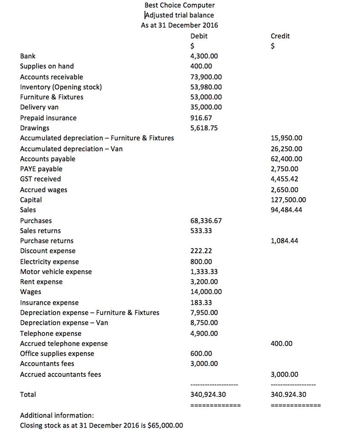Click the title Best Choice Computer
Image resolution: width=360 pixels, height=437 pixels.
pos(180,5)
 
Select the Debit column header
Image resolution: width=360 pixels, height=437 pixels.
pos(199,36)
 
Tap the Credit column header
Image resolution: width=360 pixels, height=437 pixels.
pos(280,36)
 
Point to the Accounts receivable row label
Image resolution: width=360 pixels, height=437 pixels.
pos(52,77)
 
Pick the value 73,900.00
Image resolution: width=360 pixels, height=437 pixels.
pos(206,77)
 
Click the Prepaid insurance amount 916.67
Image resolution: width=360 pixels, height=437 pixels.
pos(201,118)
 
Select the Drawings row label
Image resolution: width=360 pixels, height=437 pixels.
pos(35,128)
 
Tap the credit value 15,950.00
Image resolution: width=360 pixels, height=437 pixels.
pos(286,138)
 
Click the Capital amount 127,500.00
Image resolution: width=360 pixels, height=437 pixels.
pos(288,200)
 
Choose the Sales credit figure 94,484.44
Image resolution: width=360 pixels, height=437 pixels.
pos(286,210)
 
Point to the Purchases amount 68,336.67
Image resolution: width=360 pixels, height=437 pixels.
pos(206,221)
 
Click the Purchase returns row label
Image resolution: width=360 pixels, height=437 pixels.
pos(46,241)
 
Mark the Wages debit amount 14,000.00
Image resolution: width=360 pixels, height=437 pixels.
pos(206,292)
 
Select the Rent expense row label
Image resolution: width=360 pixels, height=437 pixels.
pos(41,282)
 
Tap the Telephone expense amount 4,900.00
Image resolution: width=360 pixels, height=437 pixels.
pos(203,333)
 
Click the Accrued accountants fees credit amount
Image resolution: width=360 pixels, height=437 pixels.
pos(285,375)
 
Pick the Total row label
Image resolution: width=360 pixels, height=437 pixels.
pos(28,395)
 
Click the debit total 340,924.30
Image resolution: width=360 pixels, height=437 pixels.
pos(208,395)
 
